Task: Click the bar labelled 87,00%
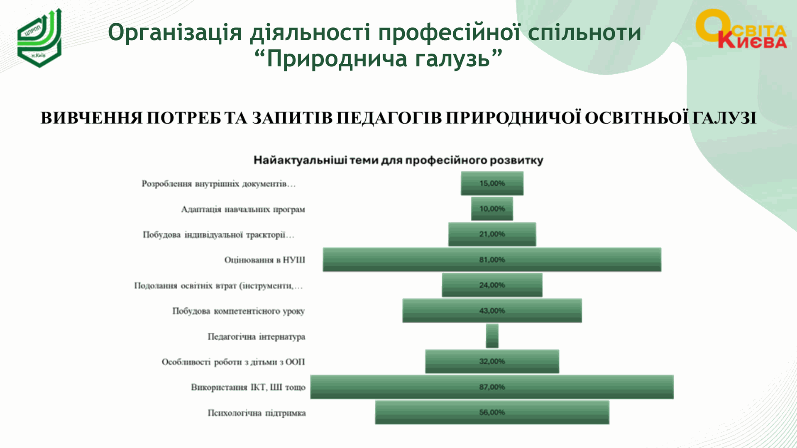492,387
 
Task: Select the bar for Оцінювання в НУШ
492,260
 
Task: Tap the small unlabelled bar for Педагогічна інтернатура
492,336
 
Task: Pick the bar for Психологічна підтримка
492,412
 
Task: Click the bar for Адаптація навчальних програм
492,209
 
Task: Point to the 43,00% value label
492,311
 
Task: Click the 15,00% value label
492,183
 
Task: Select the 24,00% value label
492,285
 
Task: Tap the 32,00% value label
492,361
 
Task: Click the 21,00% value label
492,234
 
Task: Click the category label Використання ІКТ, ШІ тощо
248,387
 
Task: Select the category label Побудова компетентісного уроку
239,311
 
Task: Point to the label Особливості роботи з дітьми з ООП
233,362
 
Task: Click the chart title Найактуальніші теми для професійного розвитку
398,161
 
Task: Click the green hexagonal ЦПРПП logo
39,38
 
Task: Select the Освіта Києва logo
741,29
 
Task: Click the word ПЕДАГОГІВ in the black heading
389,118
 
